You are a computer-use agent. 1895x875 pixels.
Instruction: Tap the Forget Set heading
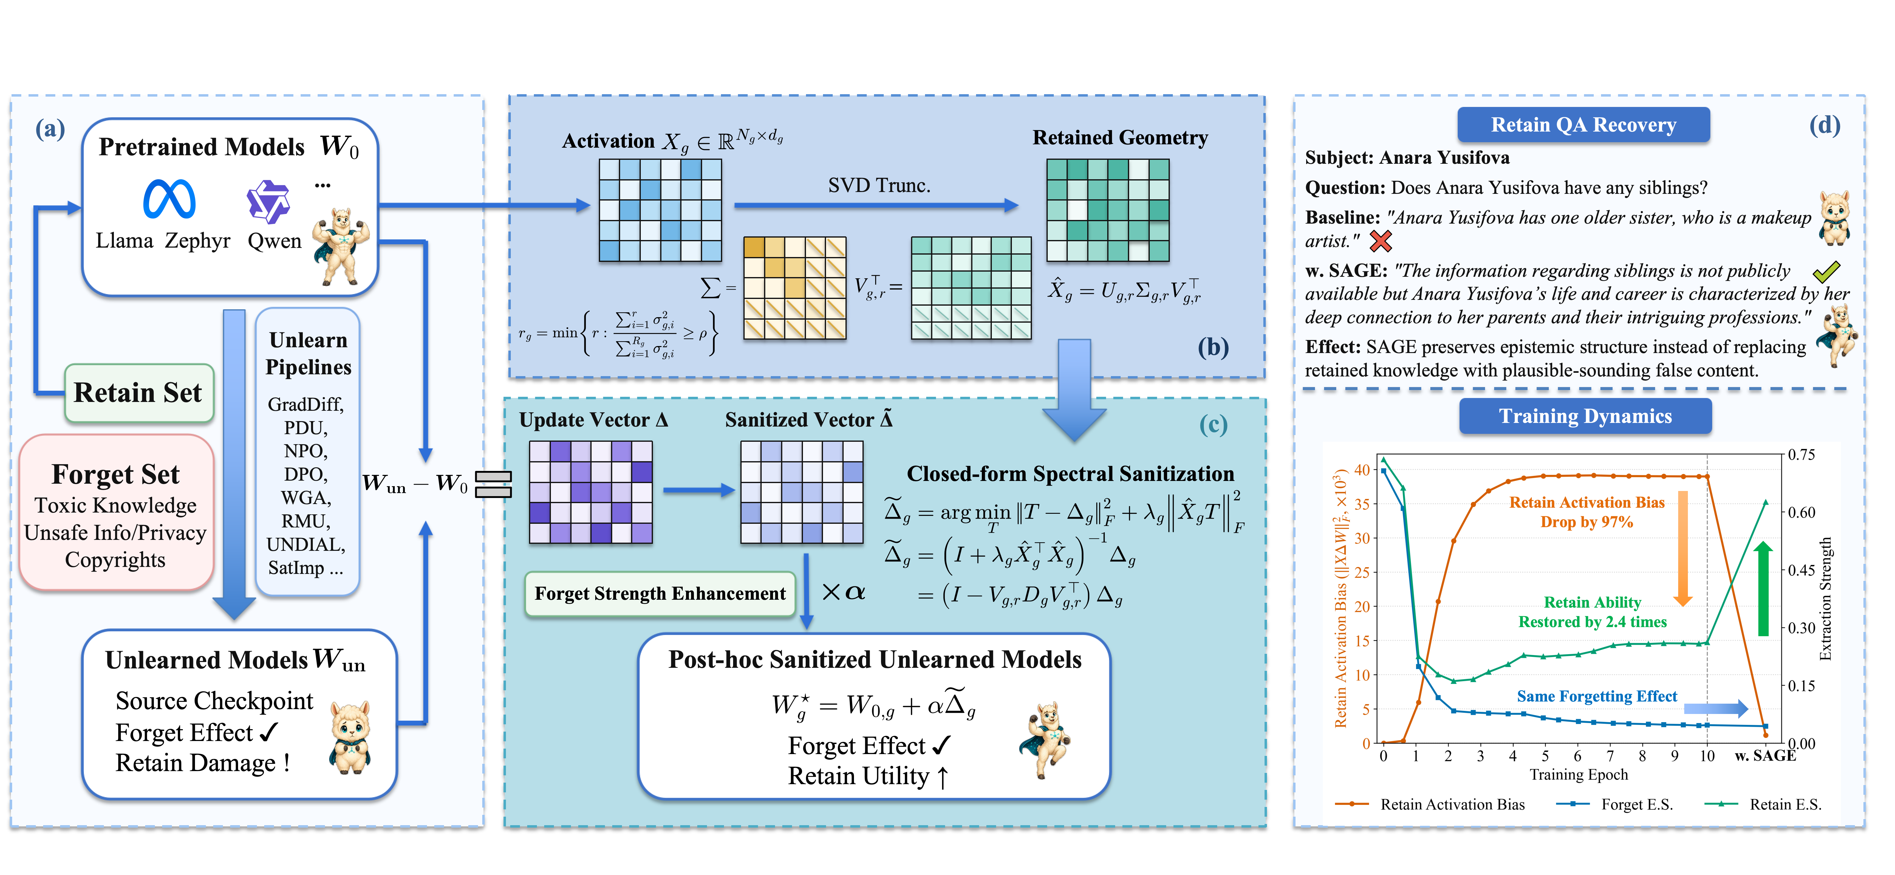click(x=115, y=475)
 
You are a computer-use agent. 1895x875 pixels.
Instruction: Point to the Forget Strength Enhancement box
click(x=660, y=594)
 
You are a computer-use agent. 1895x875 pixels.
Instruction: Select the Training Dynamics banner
click(x=1585, y=417)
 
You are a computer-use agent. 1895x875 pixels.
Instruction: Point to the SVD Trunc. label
click(x=879, y=185)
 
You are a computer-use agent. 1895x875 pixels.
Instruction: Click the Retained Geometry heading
click(x=1120, y=138)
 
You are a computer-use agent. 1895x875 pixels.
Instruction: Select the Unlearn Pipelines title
click(x=308, y=353)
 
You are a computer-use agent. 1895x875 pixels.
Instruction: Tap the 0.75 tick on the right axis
click(x=1801, y=455)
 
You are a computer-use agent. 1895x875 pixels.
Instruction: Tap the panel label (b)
click(x=1213, y=347)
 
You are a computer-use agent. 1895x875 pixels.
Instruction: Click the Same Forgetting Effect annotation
click(x=1597, y=696)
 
